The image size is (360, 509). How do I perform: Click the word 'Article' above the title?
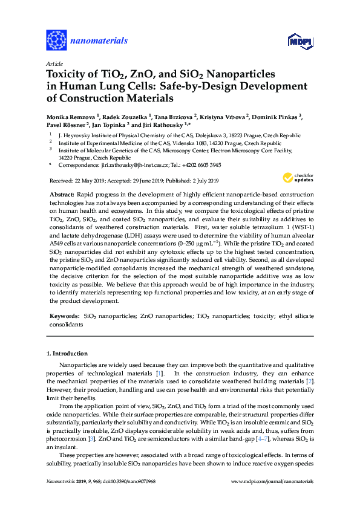[54, 63]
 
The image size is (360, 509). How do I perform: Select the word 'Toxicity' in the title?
[67, 74]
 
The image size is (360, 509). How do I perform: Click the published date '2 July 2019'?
[203, 181]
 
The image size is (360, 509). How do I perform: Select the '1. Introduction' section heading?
[67, 353]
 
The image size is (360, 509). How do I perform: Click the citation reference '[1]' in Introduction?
[159, 374]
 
